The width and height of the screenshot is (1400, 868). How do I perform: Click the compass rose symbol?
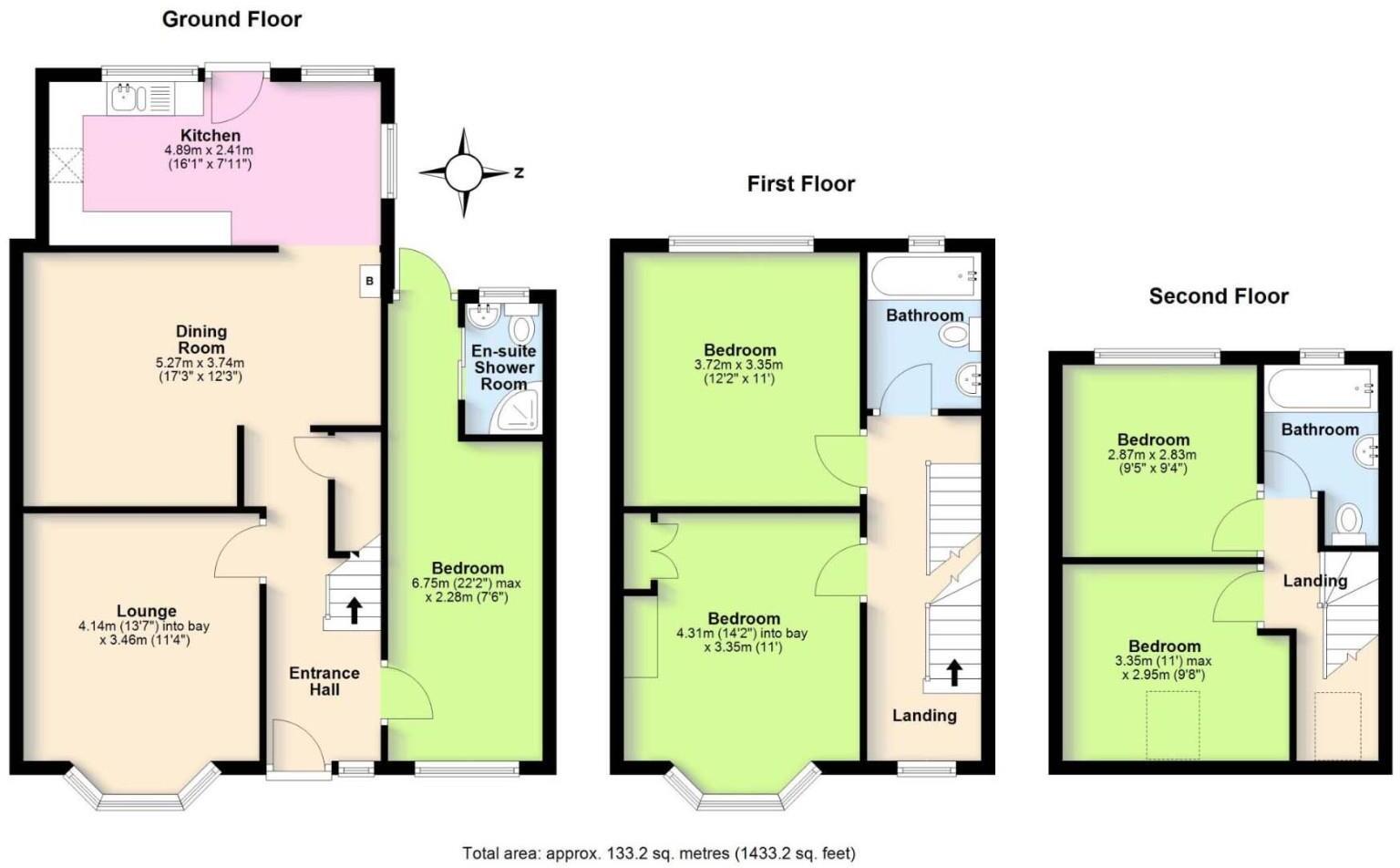(x=464, y=172)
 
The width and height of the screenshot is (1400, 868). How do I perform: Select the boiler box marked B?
(x=369, y=281)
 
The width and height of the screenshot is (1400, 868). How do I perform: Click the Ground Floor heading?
(x=232, y=19)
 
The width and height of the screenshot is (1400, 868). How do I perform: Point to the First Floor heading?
(x=800, y=184)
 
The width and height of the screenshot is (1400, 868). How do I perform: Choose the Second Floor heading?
(x=1218, y=296)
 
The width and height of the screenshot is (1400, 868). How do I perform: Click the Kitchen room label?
(x=210, y=135)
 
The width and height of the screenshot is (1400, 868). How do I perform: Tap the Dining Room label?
(x=201, y=339)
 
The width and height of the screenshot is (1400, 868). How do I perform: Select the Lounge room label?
(x=146, y=611)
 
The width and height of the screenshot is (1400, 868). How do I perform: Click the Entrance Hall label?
(x=324, y=681)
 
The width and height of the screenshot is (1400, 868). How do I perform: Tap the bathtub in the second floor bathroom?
(x=1319, y=388)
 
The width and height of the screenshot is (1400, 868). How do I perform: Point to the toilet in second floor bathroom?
(x=1347, y=522)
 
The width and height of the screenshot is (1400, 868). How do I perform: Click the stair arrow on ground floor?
(x=353, y=609)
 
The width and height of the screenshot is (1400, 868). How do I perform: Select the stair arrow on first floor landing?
(x=953, y=672)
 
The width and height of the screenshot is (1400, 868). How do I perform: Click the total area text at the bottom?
(x=658, y=853)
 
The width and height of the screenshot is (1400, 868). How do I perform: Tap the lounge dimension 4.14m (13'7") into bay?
(x=144, y=626)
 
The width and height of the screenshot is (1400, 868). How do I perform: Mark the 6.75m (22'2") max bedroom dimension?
(x=467, y=584)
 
